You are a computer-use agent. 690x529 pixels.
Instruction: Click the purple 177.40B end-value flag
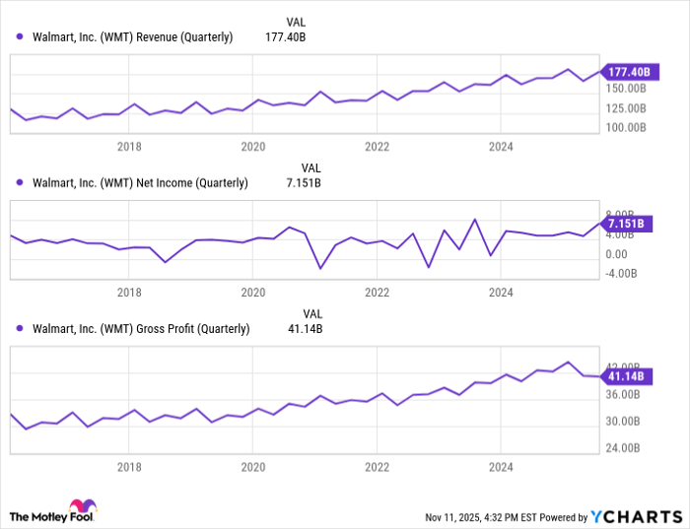pyautogui.click(x=627, y=72)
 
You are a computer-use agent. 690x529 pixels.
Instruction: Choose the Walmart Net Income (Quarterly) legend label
pyautogui.click(x=140, y=182)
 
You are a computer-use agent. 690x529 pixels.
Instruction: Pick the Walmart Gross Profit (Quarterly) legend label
pyautogui.click(x=141, y=328)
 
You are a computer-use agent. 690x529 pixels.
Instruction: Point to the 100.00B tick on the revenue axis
pyautogui.click(x=625, y=128)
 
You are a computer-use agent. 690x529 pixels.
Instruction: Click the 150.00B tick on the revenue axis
pyautogui.click(x=625, y=88)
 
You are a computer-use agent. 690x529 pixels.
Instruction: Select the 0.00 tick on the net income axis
pyautogui.click(x=617, y=253)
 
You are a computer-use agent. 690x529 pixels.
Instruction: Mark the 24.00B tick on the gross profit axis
pyautogui.click(x=622, y=448)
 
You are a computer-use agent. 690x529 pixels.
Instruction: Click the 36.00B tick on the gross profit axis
pyautogui.click(x=622, y=394)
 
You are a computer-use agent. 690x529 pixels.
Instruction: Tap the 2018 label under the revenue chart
pyautogui.click(x=129, y=147)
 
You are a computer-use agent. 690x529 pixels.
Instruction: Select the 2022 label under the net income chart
pyautogui.click(x=377, y=293)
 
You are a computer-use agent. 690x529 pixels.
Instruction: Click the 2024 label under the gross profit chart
pyautogui.click(x=501, y=465)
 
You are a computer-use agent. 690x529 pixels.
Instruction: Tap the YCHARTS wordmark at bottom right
pyautogui.click(x=637, y=516)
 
